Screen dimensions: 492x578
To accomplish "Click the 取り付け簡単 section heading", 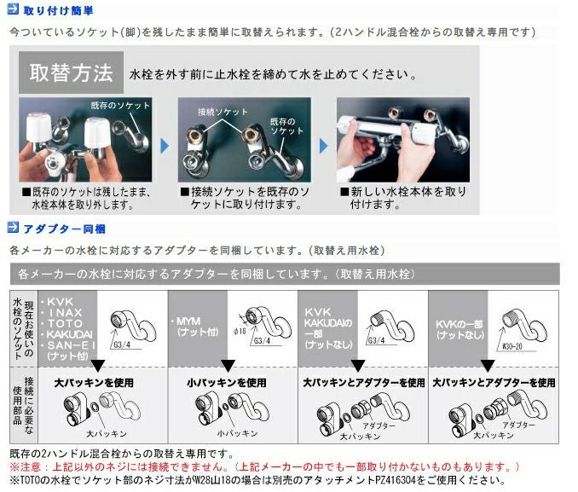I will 59,11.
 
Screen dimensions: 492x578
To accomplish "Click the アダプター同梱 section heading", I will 64,229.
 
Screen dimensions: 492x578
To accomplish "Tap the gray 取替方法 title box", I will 71,72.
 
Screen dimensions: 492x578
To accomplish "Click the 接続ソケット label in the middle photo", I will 217,113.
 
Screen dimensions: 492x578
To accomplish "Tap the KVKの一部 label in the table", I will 459,325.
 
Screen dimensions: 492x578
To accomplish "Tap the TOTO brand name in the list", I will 65,324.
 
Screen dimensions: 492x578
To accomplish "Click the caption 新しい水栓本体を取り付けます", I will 406,198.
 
